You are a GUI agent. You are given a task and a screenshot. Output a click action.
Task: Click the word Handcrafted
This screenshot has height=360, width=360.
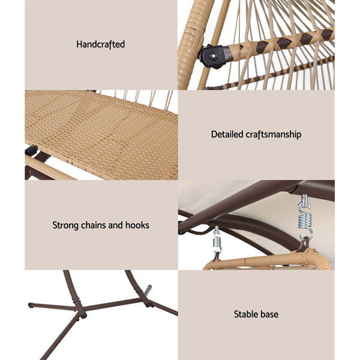[x=101, y=44]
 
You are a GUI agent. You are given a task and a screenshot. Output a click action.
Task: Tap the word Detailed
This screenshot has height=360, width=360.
[x=227, y=134]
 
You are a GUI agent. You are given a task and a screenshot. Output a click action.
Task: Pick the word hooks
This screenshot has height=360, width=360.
[x=137, y=225]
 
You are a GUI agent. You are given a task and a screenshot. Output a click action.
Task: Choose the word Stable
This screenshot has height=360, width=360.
[x=248, y=314]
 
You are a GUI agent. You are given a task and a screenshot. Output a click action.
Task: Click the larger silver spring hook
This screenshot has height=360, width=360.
[x=305, y=217]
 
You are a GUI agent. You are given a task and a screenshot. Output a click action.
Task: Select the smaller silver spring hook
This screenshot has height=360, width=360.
[x=216, y=242]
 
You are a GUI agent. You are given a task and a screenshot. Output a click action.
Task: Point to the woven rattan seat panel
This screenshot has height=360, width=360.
[x=102, y=132]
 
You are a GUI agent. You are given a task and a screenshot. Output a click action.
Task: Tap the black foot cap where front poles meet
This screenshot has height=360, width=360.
[x=80, y=313]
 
